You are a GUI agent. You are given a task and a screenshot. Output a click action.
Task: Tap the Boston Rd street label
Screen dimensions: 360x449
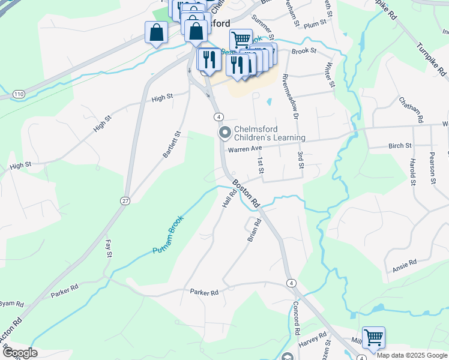click(x=246, y=193)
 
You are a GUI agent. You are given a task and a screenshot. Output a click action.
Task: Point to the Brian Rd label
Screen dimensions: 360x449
click(x=255, y=230)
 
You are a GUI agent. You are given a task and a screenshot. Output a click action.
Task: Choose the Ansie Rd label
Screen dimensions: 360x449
click(x=405, y=262)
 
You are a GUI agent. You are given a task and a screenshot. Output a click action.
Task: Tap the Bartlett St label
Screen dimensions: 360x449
click(x=172, y=145)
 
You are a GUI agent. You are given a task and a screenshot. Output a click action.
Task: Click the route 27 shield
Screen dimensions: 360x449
click(x=125, y=200)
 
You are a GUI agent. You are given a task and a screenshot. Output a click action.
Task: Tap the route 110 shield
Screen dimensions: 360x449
click(x=19, y=94)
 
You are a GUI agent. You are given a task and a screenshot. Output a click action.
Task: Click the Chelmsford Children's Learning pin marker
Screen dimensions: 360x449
click(x=224, y=132)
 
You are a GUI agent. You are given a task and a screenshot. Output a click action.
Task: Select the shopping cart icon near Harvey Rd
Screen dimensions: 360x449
click(x=373, y=337)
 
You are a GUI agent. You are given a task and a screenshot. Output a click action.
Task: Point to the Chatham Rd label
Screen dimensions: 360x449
click(x=418, y=110)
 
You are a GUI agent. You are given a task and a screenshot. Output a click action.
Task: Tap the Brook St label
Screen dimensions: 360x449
click(x=304, y=52)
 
